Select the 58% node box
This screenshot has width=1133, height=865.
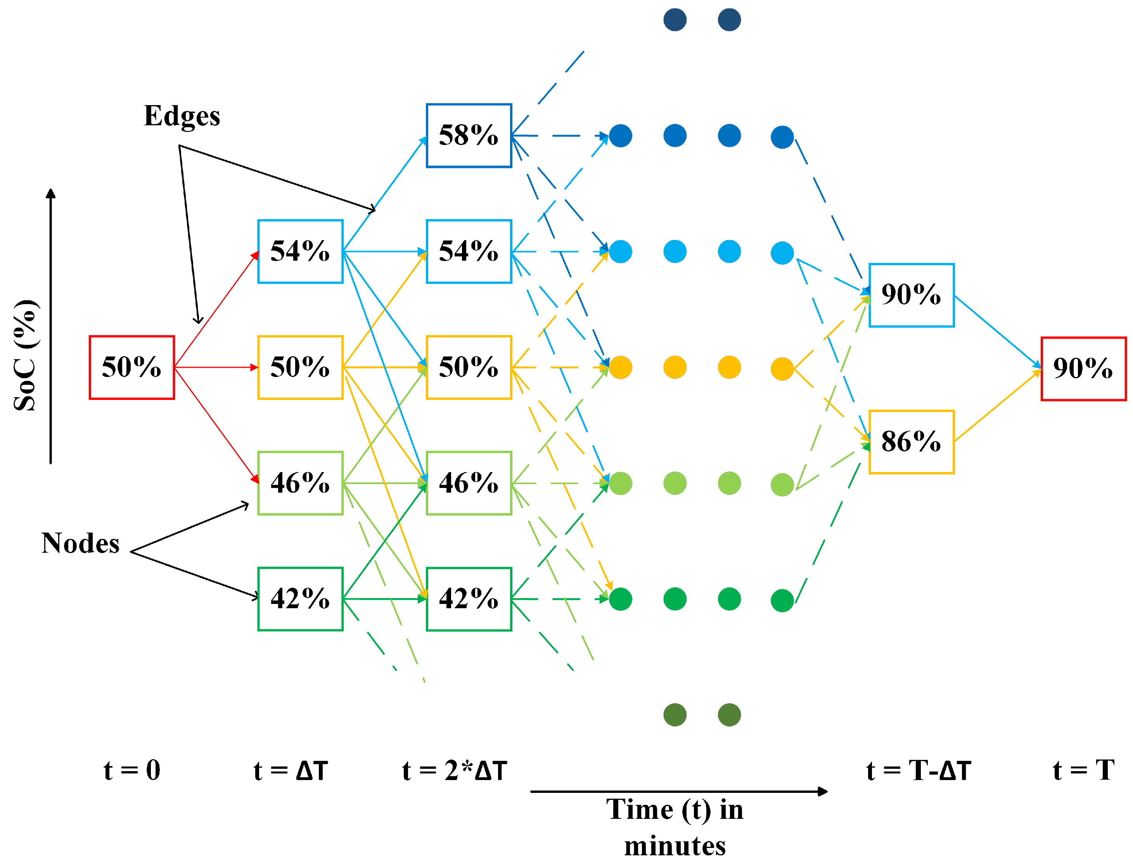(x=469, y=135)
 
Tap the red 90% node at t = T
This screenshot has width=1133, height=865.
(x=1083, y=368)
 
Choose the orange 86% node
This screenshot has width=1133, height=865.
(x=911, y=442)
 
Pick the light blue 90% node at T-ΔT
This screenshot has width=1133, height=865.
(x=911, y=295)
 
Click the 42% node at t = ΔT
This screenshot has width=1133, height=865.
(x=300, y=599)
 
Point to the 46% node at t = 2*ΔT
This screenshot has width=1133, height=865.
(x=469, y=483)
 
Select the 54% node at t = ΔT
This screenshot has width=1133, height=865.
(x=300, y=251)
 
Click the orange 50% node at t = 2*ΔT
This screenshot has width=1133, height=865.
(x=469, y=367)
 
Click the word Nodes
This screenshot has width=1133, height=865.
(x=80, y=543)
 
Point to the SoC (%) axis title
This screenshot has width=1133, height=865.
(x=25, y=355)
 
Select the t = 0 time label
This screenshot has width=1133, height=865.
(x=132, y=770)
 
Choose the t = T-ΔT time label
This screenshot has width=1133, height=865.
(x=919, y=771)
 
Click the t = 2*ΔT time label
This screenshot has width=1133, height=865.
(x=454, y=771)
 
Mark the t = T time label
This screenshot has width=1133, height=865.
(x=1083, y=770)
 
